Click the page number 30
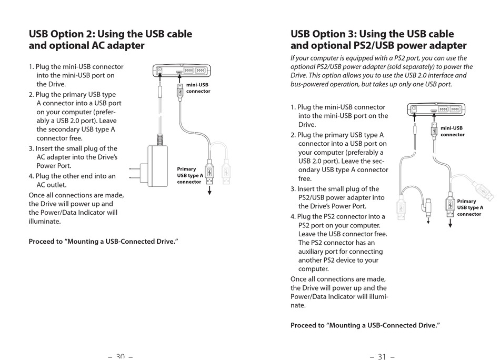(120, 356)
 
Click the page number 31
(382, 356)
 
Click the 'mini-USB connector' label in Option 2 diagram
(198, 87)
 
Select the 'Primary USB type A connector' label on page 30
(189, 175)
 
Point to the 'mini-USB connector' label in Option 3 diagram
(452, 131)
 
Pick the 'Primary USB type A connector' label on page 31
(469, 207)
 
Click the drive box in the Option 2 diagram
(182, 70)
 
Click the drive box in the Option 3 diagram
(436, 109)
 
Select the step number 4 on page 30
(31, 176)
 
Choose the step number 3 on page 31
(293, 189)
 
